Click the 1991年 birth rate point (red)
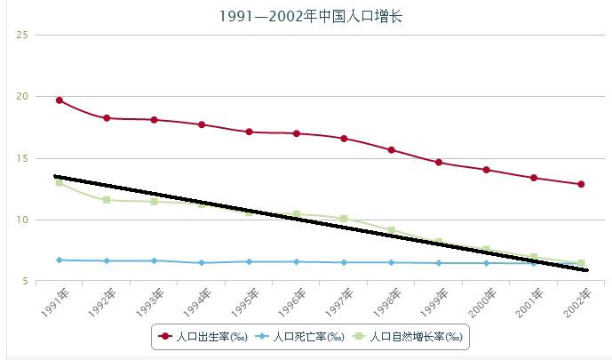59,100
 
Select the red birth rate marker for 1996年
296,133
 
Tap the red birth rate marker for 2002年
581,184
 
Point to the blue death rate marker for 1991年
59,260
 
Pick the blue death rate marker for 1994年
202,262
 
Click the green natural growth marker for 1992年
107,200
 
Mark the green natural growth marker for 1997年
344,218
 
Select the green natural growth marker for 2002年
581,263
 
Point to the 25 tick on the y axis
22,35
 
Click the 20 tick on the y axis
22,96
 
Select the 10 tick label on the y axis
22,220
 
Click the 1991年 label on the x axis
53,301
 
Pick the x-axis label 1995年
243,301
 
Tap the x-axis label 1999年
433,301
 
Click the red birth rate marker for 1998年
391,149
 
